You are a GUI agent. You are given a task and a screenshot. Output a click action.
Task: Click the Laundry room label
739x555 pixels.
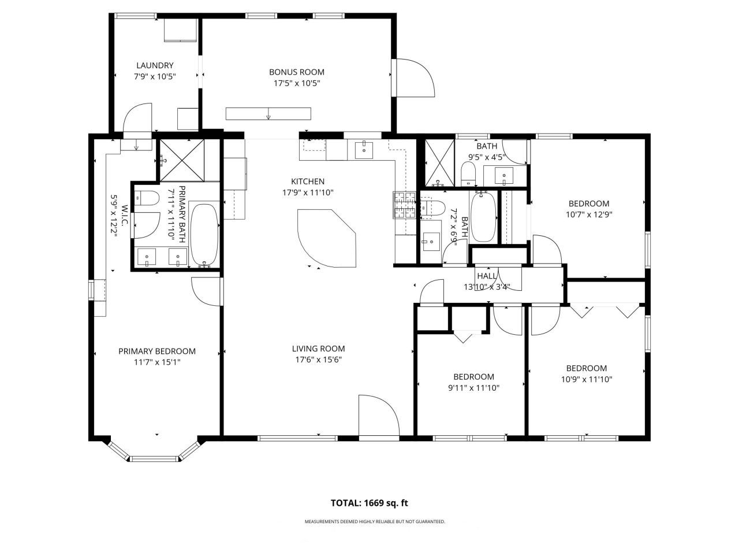coord(154,65)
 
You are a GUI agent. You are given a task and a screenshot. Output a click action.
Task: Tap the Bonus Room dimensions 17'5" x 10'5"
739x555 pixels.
coord(296,83)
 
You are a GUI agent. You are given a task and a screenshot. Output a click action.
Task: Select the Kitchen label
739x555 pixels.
coord(307,182)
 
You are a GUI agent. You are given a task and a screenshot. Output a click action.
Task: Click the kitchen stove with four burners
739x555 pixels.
coord(405,205)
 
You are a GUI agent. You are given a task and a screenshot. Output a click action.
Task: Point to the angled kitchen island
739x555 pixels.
coord(325,237)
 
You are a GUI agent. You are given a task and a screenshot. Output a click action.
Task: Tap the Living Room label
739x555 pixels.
coord(318,349)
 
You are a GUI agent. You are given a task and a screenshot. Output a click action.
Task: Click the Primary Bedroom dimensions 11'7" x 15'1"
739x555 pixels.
coord(156,362)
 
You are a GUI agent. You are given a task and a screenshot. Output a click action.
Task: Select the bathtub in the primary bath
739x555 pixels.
coord(204,234)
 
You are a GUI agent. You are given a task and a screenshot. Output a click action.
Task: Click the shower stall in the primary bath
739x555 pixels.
coord(182,160)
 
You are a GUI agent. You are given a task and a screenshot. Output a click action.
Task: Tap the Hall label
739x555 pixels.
coord(486,276)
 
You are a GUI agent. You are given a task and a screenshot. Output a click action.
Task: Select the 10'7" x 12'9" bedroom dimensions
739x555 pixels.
coord(588,214)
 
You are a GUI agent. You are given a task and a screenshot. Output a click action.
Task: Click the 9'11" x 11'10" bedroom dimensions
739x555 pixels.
coord(473,388)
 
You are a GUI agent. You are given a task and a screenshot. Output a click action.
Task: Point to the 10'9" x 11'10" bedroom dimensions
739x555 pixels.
coord(586,379)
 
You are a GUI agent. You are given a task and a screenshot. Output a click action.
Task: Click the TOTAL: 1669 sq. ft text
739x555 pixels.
coord(369,503)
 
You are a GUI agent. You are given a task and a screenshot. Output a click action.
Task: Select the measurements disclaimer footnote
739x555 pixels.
coord(375,521)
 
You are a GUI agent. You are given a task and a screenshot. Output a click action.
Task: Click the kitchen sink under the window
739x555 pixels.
coord(364,149)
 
